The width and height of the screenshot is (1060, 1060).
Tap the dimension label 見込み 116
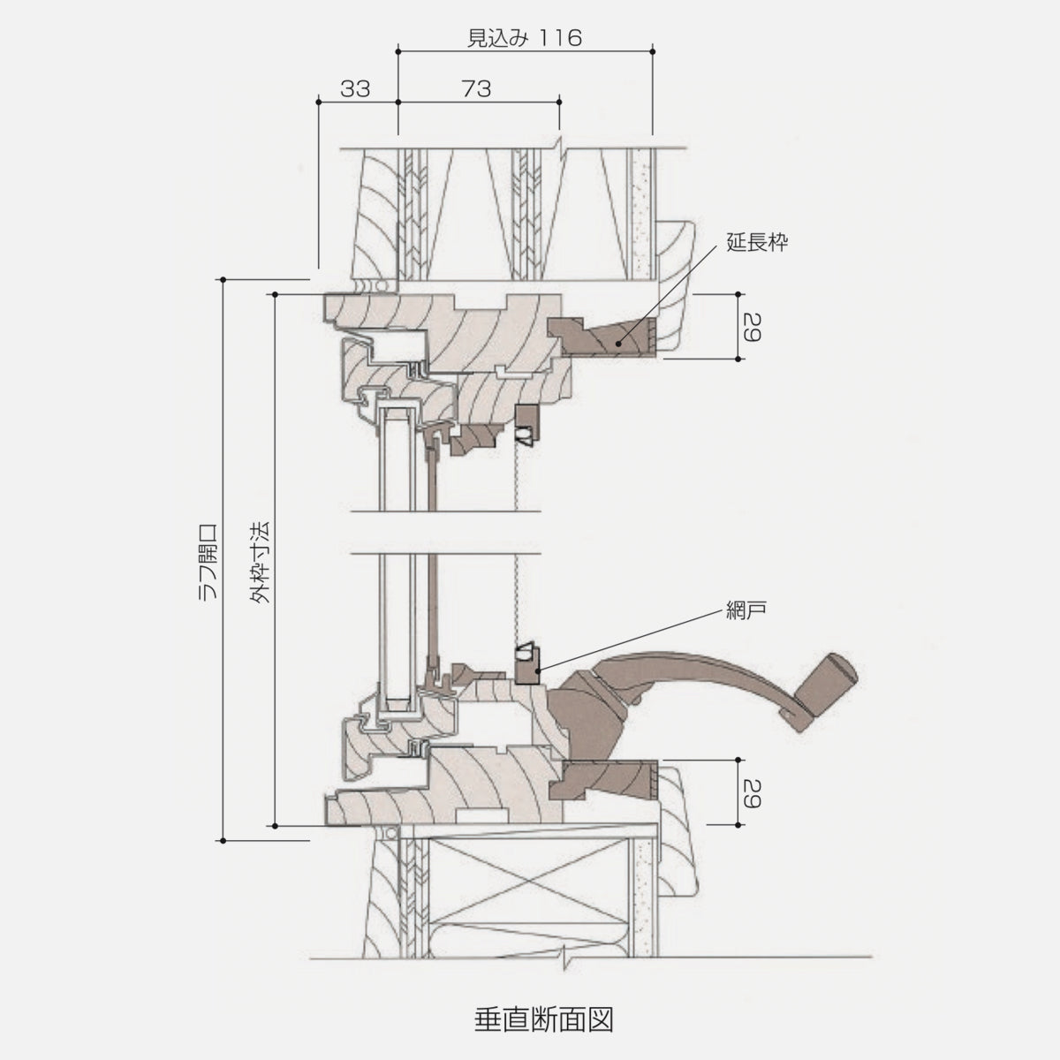click(x=524, y=38)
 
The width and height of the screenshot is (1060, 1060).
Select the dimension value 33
click(x=354, y=88)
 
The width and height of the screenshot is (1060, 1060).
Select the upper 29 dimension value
click(x=751, y=327)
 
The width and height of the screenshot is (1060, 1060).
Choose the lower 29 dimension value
click(x=751, y=792)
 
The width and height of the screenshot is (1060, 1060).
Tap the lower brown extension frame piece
click(x=609, y=777)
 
